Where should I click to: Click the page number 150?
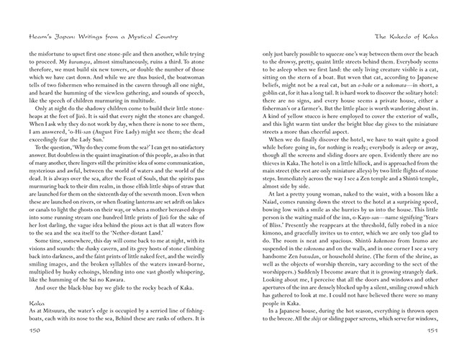(35, 350)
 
